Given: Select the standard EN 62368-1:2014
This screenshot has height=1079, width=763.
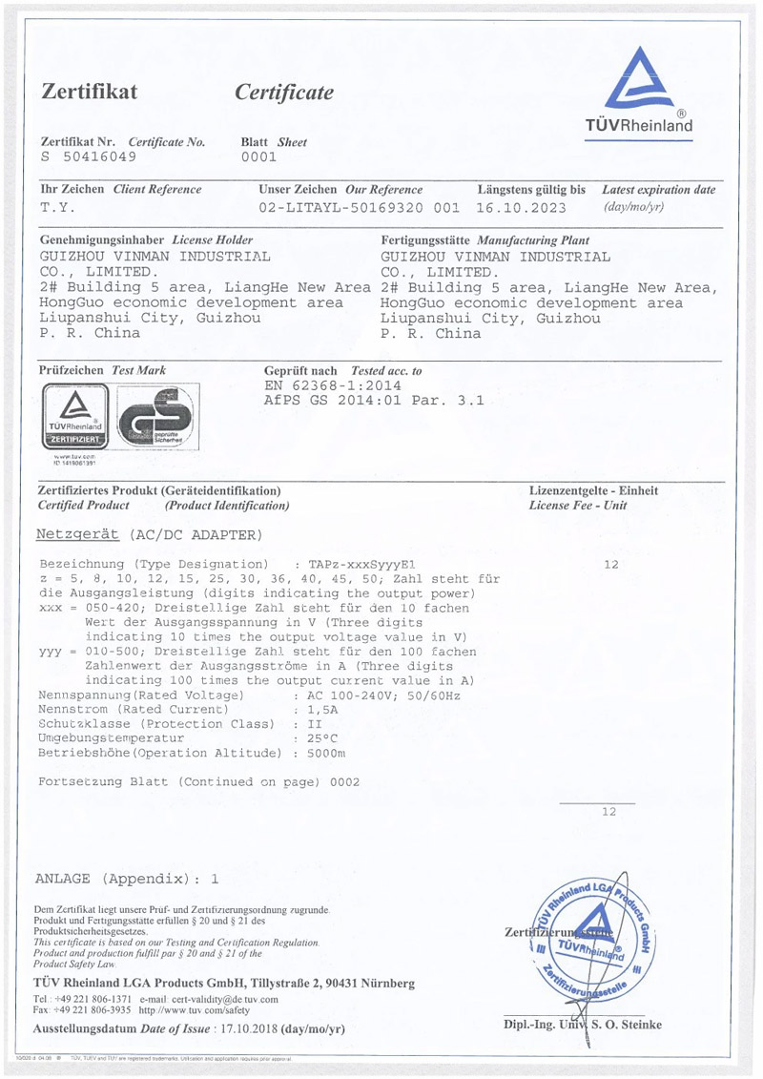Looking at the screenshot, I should pyautogui.click(x=332, y=384).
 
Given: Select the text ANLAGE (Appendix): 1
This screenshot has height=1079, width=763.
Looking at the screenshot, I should pyautogui.click(x=128, y=879).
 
